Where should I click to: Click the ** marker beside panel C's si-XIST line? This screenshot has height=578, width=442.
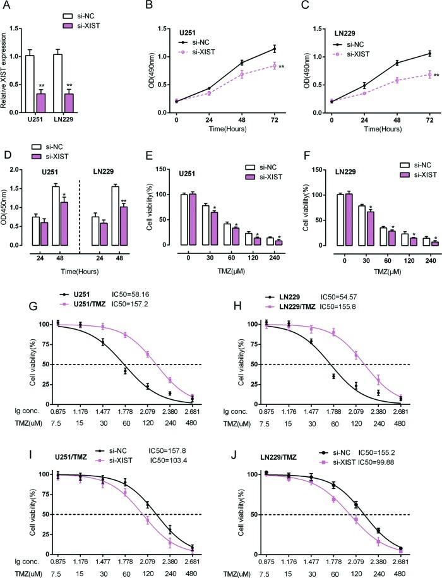coord(437,75)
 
